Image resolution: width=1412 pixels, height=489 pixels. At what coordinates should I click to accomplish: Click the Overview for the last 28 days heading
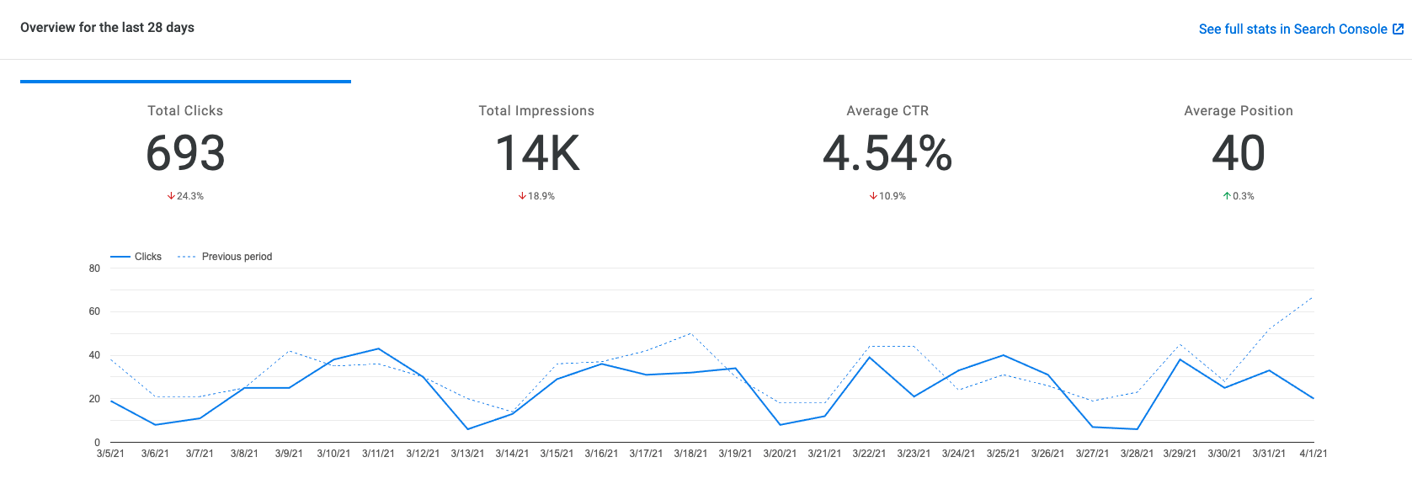(107, 28)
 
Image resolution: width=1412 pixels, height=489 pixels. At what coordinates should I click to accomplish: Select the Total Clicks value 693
(185, 153)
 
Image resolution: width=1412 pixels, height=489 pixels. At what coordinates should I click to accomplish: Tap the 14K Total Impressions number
(537, 153)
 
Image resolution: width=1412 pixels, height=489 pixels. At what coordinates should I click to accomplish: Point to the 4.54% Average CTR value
(887, 153)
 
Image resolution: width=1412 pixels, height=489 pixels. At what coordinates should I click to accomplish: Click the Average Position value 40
(1238, 153)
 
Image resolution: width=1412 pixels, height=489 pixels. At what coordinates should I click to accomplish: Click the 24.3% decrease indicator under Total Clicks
(185, 196)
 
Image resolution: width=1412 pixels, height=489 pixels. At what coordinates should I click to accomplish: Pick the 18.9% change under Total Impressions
(536, 196)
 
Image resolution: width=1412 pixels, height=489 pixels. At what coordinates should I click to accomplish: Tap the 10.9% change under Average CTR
(887, 196)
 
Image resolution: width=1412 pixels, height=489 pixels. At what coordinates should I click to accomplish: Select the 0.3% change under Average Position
(1239, 196)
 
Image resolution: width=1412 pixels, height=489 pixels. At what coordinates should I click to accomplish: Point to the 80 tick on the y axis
(94, 268)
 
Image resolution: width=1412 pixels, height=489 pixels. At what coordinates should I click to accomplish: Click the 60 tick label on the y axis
(94, 311)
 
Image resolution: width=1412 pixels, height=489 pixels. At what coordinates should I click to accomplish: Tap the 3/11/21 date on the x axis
(378, 454)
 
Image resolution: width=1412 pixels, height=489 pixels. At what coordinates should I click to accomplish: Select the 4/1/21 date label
(1313, 454)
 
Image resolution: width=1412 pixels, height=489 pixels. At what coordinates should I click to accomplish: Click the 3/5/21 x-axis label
(110, 454)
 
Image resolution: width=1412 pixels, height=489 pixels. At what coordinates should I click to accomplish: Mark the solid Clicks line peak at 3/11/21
(378, 348)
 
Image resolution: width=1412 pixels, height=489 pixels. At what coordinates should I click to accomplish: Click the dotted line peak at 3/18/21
(690, 333)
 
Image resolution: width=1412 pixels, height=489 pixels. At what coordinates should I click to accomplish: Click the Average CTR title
(887, 111)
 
